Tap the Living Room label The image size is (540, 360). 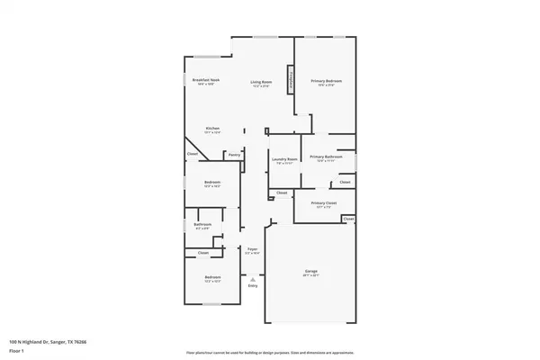pyautogui.click(x=261, y=81)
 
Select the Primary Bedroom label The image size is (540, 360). pyautogui.click(x=324, y=81)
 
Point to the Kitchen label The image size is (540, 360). pyautogui.click(x=213, y=128)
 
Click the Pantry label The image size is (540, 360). pyautogui.click(x=234, y=154)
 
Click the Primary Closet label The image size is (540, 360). pyautogui.click(x=324, y=203)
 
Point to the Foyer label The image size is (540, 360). pyautogui.click(x=253, y=249)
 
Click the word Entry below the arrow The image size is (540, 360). pyautogui.click(x=253, y=286)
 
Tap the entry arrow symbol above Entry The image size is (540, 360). pyautogui.click(x=253, y=279)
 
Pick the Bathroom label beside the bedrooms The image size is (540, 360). pyautogui.click(x=203, y=224)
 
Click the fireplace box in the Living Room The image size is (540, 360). pyautogui.click(x=291, y=78)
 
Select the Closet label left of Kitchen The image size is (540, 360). pyautogui.click(x=193, y=154)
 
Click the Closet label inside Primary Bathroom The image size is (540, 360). pyautogui.click(x=345, y=183)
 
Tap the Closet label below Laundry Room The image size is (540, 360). pyautogui.click(x=282, y=193)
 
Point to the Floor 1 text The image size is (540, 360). pyautogui.click(x=16, y=351)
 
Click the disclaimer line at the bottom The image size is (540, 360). pyautogui.click(x=270, y=352)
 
